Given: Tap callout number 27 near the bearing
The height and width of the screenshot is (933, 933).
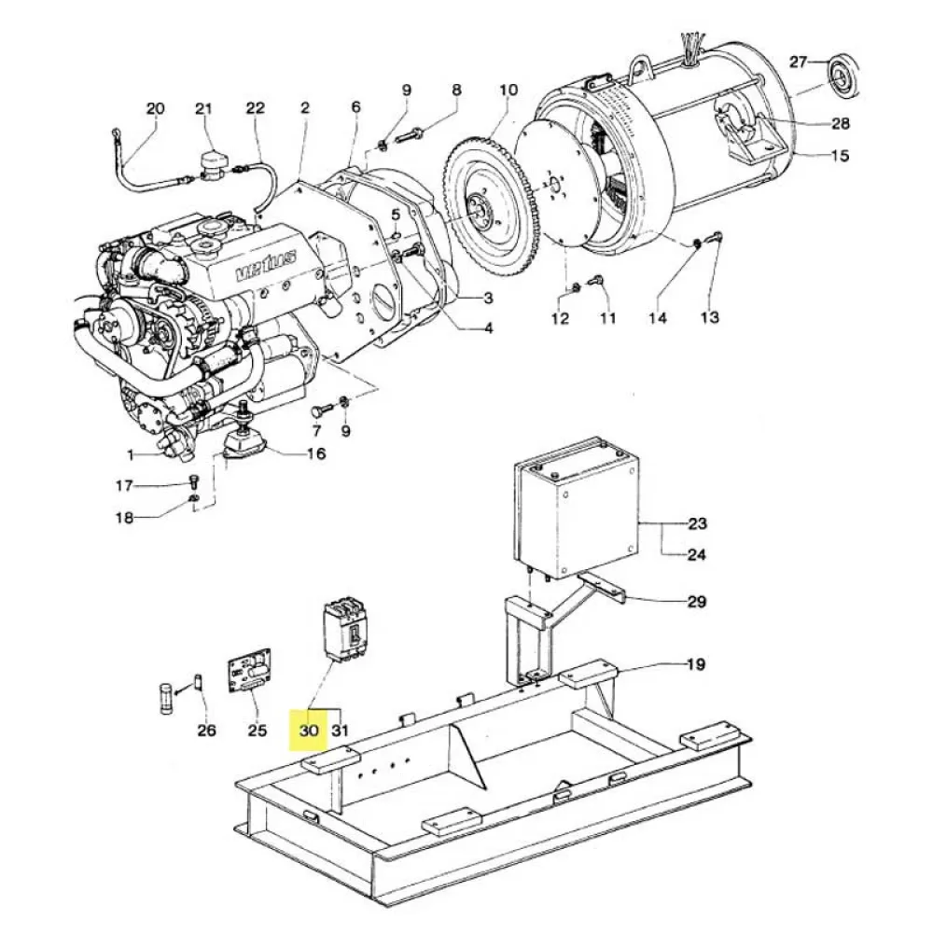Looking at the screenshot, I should (x=798, y=63).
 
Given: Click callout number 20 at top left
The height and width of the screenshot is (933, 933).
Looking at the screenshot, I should (x=155, y=109).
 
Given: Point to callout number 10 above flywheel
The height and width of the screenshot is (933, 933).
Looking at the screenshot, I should (x=508, y=91).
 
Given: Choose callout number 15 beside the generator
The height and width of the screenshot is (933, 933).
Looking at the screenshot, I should (x=840, y=156).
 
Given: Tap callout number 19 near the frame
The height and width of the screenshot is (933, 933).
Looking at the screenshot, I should (x=695, y=665).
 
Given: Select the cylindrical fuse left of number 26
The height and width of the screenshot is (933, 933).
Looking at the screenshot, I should (x=166, y=697).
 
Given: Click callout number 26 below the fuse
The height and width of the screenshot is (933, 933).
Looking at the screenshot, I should (x=207, y=731).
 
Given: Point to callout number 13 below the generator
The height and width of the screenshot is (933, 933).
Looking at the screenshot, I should (x=710, y=318).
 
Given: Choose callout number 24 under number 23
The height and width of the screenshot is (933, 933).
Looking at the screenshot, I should (x=696, y=555).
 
